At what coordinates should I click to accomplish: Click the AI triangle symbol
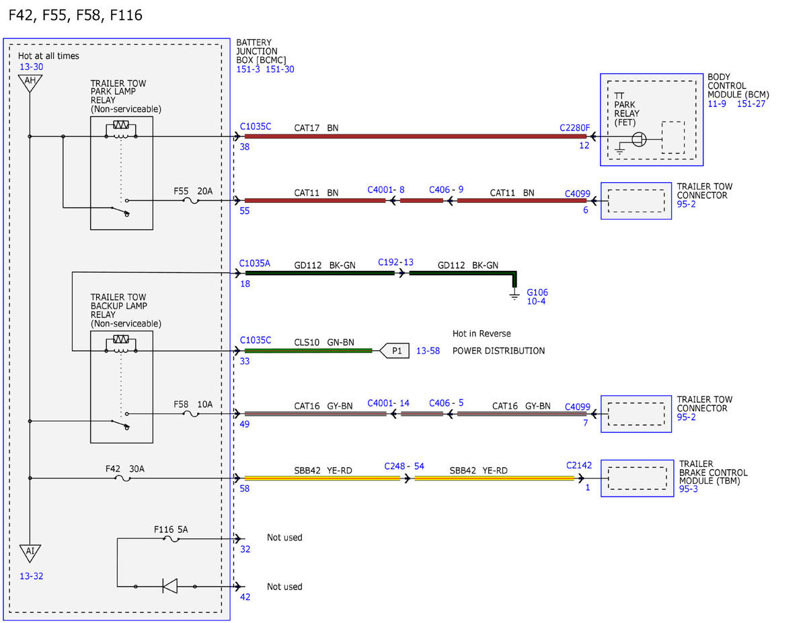[30, 553]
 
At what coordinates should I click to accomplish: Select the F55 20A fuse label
[193, 191]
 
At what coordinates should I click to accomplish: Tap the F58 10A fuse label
[193, 404]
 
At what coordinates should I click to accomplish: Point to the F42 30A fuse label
[125, 468]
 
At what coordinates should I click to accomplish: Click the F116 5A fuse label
[171, 530]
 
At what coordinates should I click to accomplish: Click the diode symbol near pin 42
[170, 586]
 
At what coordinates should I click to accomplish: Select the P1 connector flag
[394, 351]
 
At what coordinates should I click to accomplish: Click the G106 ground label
[537, 292]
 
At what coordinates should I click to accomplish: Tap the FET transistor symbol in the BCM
[639, 140]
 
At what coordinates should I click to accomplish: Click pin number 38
[244, 147]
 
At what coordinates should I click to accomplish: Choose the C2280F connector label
[574, 128]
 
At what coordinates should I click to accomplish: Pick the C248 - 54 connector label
[404, 466]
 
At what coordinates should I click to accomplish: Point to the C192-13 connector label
[395, 262]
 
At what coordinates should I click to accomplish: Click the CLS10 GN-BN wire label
[324, 342]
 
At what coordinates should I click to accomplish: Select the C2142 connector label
[579, 465]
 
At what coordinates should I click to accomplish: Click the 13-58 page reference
[428, 351]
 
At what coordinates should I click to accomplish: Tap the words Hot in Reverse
[482, 333]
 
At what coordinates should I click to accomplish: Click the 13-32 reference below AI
[31, 576]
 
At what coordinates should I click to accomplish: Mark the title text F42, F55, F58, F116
[75, 15]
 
